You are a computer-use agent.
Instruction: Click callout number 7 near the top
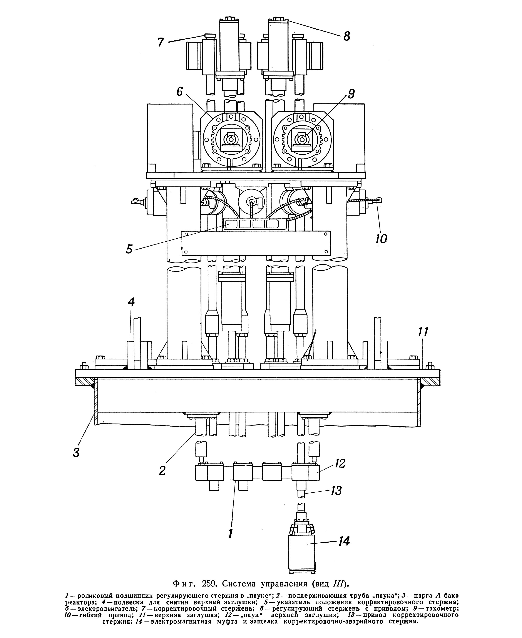point(161,42)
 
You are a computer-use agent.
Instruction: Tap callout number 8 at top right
point(347,36)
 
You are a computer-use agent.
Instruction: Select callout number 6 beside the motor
point(179,91)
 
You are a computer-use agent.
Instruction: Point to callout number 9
point(351,94)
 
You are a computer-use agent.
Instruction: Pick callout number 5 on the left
point(129,249)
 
